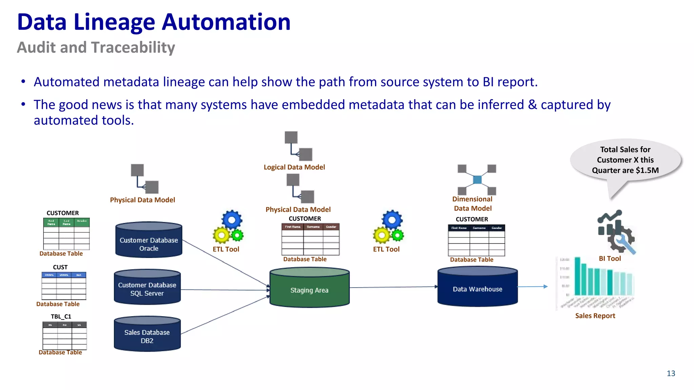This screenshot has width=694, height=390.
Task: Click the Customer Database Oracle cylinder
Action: click(148, 240)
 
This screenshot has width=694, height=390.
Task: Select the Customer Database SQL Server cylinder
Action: click(147, 288)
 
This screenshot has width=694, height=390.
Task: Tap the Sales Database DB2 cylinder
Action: click(147, 335)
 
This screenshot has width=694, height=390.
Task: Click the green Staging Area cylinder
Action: click(309, 288)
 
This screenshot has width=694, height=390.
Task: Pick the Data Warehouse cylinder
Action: click(477, 288)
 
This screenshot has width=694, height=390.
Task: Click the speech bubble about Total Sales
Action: click(625, 160)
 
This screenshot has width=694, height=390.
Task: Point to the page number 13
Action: click(671, 373)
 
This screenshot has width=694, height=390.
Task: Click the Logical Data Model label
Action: click(294, 167)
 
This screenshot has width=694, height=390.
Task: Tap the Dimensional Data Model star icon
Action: click(477, 179)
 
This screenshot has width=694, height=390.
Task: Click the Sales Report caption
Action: click(595, 316)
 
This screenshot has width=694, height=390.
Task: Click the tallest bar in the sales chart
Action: click(577, 276)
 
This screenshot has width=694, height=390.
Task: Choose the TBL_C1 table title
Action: click(61, 317)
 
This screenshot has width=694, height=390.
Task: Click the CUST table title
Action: click(60, 267)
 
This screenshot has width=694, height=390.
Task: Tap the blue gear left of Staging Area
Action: click(232, 220)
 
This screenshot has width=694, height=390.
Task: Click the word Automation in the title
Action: click(226, 22)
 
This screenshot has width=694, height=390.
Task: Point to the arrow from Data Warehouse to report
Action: click(532, 286)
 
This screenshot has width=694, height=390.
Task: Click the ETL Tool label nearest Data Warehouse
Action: click(386, 250)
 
